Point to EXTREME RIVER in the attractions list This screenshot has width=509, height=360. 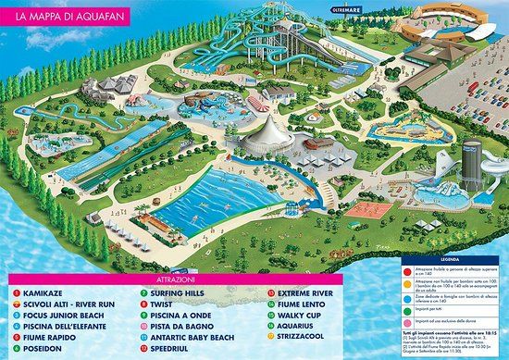coord(288,293)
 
